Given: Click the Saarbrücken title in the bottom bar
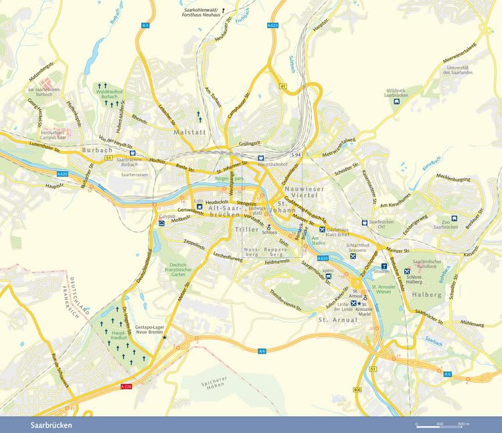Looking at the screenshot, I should (51, 425).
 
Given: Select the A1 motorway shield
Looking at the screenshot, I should (145, 25).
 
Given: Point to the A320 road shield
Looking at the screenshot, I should (126, 386).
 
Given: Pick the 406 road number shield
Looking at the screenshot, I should (357, 390).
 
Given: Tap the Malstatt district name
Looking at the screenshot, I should (187, 132).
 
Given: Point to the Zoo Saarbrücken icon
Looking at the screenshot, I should (454, 217).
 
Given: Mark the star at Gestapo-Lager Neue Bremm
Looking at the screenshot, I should (165, 338).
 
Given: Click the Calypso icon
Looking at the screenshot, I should (161, 223).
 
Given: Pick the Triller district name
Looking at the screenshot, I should (247, 231).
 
